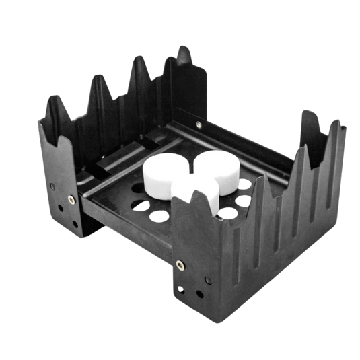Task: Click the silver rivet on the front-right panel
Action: [178, 264]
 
